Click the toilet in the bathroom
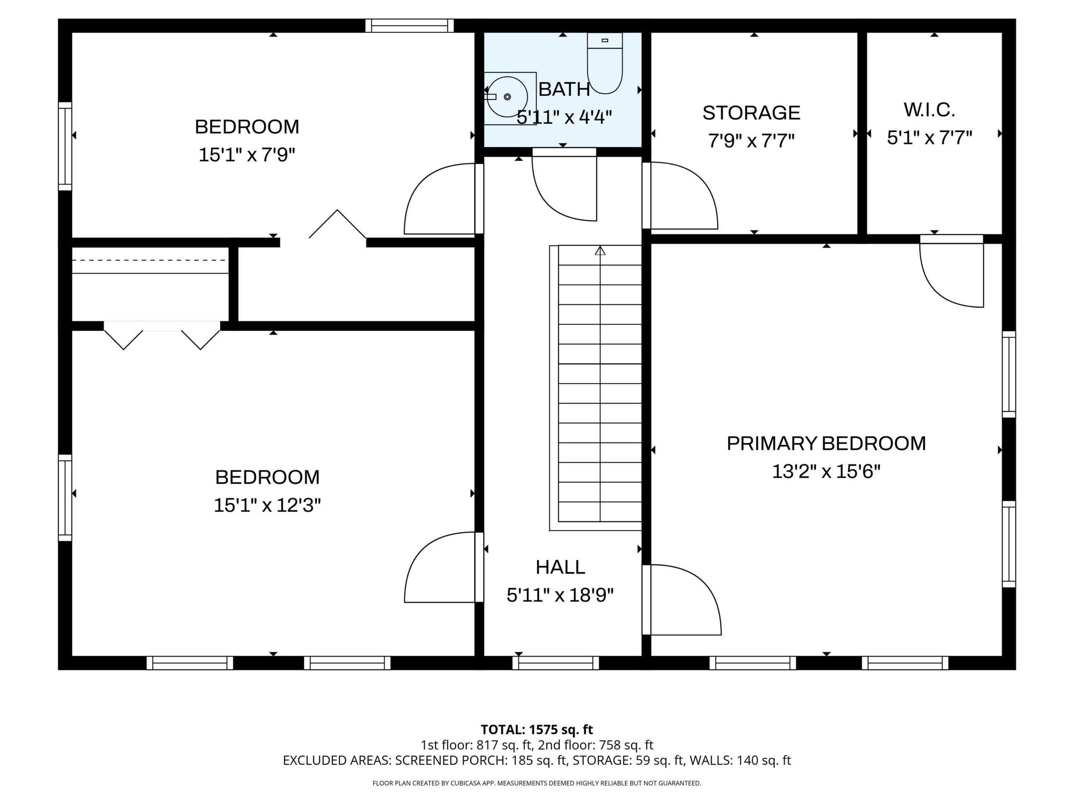605,63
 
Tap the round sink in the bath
507,97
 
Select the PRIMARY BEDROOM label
826,444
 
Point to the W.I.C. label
929,110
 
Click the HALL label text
560,567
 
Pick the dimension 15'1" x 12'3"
267,505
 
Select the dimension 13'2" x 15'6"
826,471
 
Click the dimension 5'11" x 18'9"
560,595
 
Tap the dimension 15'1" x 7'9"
247,155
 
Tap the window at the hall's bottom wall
555,663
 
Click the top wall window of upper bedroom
409,26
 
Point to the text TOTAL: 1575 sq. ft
537,729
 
